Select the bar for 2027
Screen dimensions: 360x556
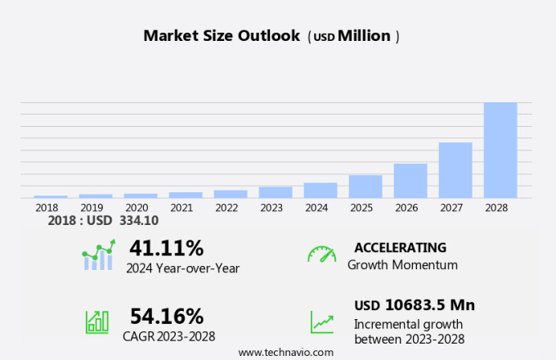pos(455,170)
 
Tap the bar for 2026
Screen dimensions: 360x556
pos(410,181)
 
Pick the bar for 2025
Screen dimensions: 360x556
pos(365,187)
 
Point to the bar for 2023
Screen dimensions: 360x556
pos(276,192)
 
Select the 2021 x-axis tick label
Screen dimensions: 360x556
pos(182,208)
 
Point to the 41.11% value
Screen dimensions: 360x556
pos(167,247)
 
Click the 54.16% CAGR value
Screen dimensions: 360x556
pos(167,316)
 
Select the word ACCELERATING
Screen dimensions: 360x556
pos(400,247)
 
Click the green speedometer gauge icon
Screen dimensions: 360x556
pos(321,254)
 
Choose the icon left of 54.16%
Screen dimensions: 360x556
pos(97,322)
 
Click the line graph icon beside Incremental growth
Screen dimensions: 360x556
pos(321,322)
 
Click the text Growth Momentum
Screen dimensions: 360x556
pos(402,265)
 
